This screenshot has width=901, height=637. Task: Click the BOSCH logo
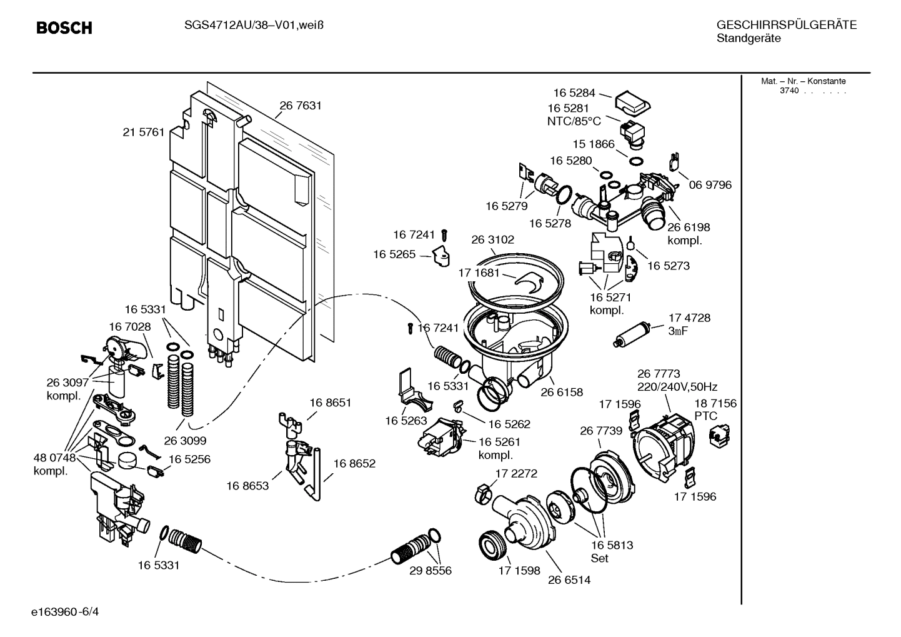coord(64,28)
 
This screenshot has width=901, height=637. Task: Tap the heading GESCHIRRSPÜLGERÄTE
coord(786,25)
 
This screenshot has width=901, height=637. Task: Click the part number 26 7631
coord(301,106)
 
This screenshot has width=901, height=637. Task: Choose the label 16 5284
coord(574,93)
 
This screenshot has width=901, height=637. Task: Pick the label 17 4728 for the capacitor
coord(689,318)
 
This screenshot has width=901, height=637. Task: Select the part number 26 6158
coord(562,393)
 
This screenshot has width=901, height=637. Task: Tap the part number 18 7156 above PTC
coord(715,403)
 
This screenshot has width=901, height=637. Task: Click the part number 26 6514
coord(569,579)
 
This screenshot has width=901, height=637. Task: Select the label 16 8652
coord(354,463)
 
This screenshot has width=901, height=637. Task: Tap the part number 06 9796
coord(710,185)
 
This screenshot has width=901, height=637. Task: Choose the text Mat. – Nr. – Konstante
coord(803,81)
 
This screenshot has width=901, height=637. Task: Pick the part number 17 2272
coord(516,473)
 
